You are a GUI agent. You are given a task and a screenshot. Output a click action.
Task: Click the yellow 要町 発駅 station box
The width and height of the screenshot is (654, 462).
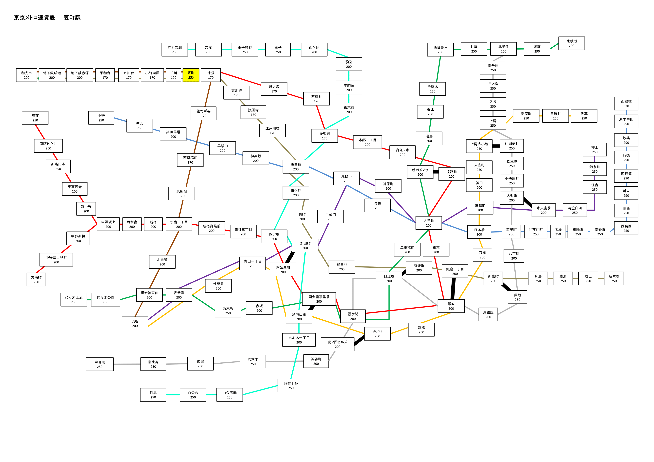point(191,75)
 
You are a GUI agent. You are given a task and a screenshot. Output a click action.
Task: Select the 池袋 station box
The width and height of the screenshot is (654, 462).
point(211,75)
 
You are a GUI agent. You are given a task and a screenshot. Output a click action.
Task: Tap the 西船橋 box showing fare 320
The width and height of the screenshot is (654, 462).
point(626,104)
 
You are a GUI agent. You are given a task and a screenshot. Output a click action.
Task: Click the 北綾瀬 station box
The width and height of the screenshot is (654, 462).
point(572,43)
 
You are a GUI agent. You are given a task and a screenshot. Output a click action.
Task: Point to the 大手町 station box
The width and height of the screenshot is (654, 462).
point(429,223)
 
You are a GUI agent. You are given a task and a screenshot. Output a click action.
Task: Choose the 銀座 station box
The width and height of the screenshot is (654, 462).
point(451,306)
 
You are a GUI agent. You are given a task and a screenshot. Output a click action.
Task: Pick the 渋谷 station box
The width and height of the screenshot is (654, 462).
point(135,323)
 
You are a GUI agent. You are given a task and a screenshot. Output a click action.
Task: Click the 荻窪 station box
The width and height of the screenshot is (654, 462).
point(35,118)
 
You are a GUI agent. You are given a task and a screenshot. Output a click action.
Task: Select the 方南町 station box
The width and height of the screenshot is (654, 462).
point(36,279)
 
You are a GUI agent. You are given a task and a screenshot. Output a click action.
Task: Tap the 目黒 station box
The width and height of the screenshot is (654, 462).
point(153,395)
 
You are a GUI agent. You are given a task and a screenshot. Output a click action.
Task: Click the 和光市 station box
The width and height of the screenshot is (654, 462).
point(26,75)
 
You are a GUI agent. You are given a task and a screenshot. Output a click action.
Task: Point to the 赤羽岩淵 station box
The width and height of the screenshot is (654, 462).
point(175,50)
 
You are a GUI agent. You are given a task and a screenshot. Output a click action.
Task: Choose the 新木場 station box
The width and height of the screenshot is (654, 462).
point(614,278)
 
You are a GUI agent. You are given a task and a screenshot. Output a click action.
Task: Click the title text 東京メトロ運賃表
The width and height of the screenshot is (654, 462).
point(34,18)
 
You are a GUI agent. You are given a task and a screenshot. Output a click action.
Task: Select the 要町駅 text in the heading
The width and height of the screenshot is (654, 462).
point(72,18)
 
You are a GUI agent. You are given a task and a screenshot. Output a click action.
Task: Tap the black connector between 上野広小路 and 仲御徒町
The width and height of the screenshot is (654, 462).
point(496,146)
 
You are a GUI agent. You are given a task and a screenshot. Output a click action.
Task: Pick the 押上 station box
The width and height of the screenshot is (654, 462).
point(595,150)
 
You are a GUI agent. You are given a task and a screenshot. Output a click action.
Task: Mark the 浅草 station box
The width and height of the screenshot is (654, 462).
point(584,116)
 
